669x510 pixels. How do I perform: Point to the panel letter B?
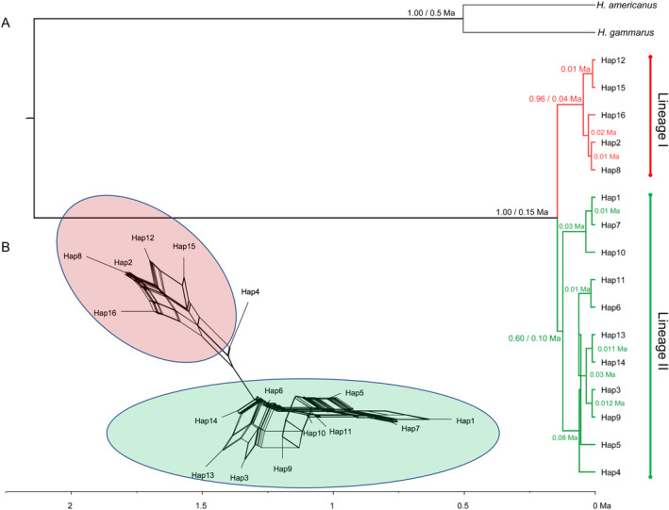coord(6,248)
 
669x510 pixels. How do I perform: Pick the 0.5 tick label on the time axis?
coord(463,503)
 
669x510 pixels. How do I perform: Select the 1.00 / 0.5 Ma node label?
coord(429,12)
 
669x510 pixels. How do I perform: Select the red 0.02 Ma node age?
coord(604,132)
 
